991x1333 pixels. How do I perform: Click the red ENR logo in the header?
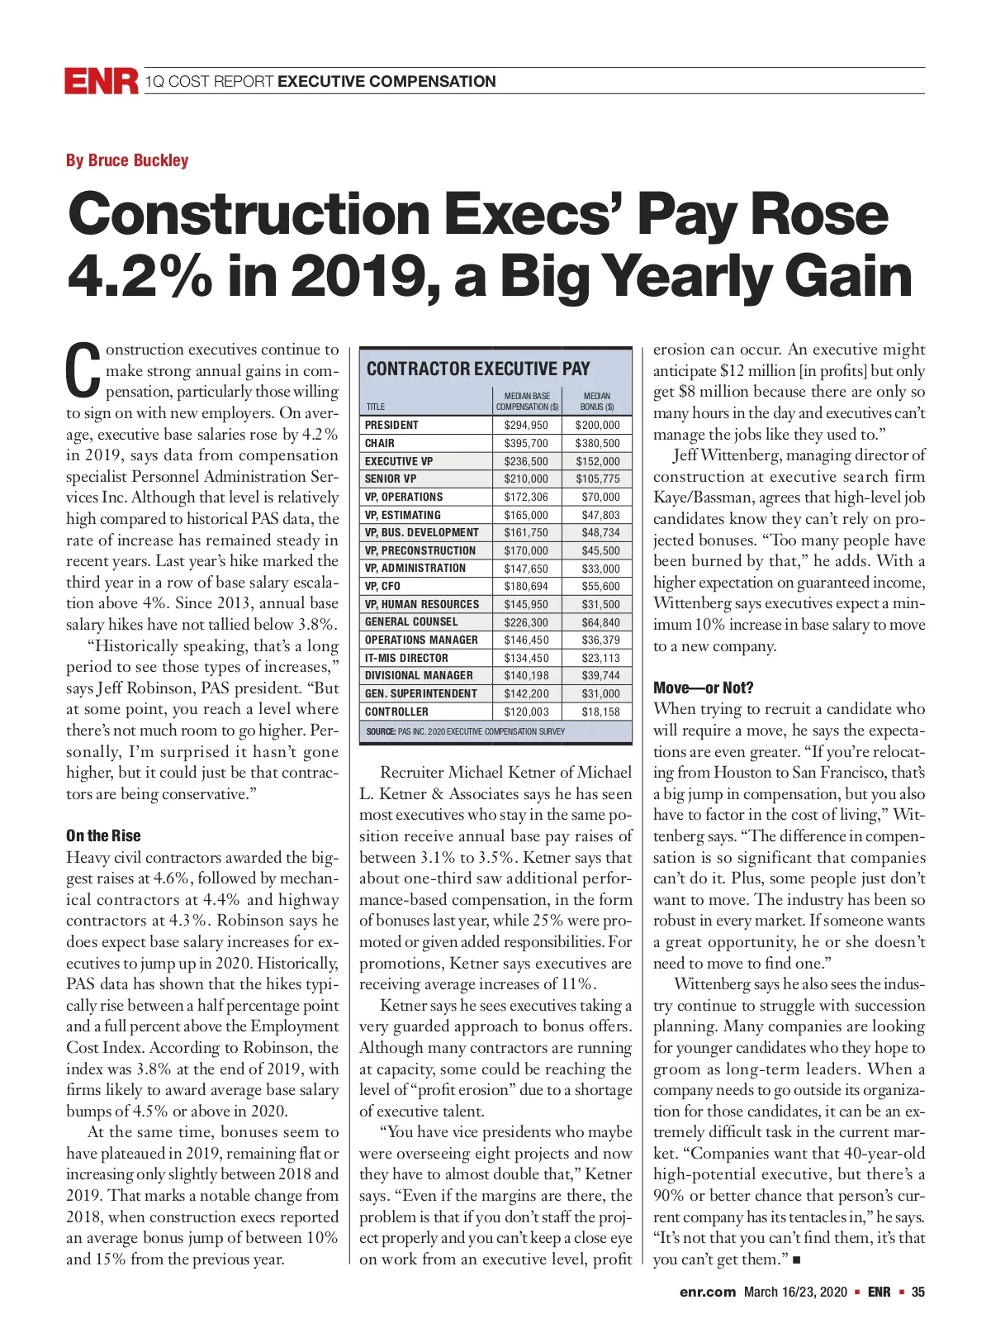[102, 81]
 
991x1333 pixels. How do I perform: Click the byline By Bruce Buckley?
[127, 160]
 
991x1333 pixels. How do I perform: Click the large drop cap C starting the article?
[83, 371]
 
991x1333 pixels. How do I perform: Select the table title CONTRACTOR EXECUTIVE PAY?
[478, 369]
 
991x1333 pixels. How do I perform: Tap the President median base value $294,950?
[526, 425]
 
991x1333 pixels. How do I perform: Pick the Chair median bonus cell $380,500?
[597, 443]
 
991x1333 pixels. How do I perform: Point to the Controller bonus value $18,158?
[600, 712]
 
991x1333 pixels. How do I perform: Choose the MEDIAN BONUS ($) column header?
[597, 401]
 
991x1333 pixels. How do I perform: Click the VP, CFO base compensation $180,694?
[526, 586]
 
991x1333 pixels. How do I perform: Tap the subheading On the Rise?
[103, 836]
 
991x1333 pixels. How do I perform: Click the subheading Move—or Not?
[703, 688]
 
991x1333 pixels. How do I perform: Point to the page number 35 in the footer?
[918, 1293]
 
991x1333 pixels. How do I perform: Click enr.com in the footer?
[707, 1293]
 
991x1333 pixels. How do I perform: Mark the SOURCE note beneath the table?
[466, 731]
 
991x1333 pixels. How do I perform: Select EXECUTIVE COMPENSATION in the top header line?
[386, 81]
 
